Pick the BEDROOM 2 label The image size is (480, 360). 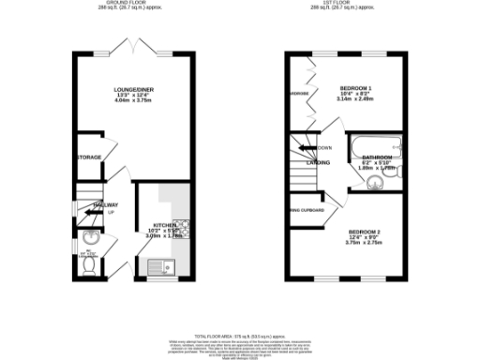365,232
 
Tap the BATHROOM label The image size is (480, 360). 379,157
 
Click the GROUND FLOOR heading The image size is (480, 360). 134,5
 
